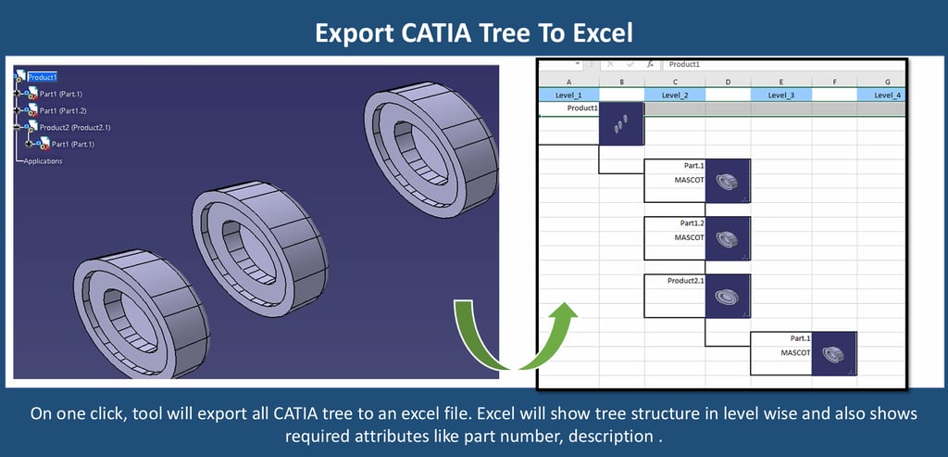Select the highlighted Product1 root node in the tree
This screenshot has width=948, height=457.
43,77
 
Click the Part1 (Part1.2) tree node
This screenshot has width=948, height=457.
63,110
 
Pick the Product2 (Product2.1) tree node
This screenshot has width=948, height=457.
75,128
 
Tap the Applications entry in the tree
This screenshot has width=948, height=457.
43,161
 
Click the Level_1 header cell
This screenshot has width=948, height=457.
568,95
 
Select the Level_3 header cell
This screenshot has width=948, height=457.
781,95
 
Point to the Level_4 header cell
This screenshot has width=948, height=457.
881,95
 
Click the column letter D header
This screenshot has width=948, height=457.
728,82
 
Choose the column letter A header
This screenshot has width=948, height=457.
568,82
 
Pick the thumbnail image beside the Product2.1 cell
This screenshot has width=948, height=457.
728,296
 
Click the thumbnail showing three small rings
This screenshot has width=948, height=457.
621,123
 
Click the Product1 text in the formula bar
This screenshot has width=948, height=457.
684,64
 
